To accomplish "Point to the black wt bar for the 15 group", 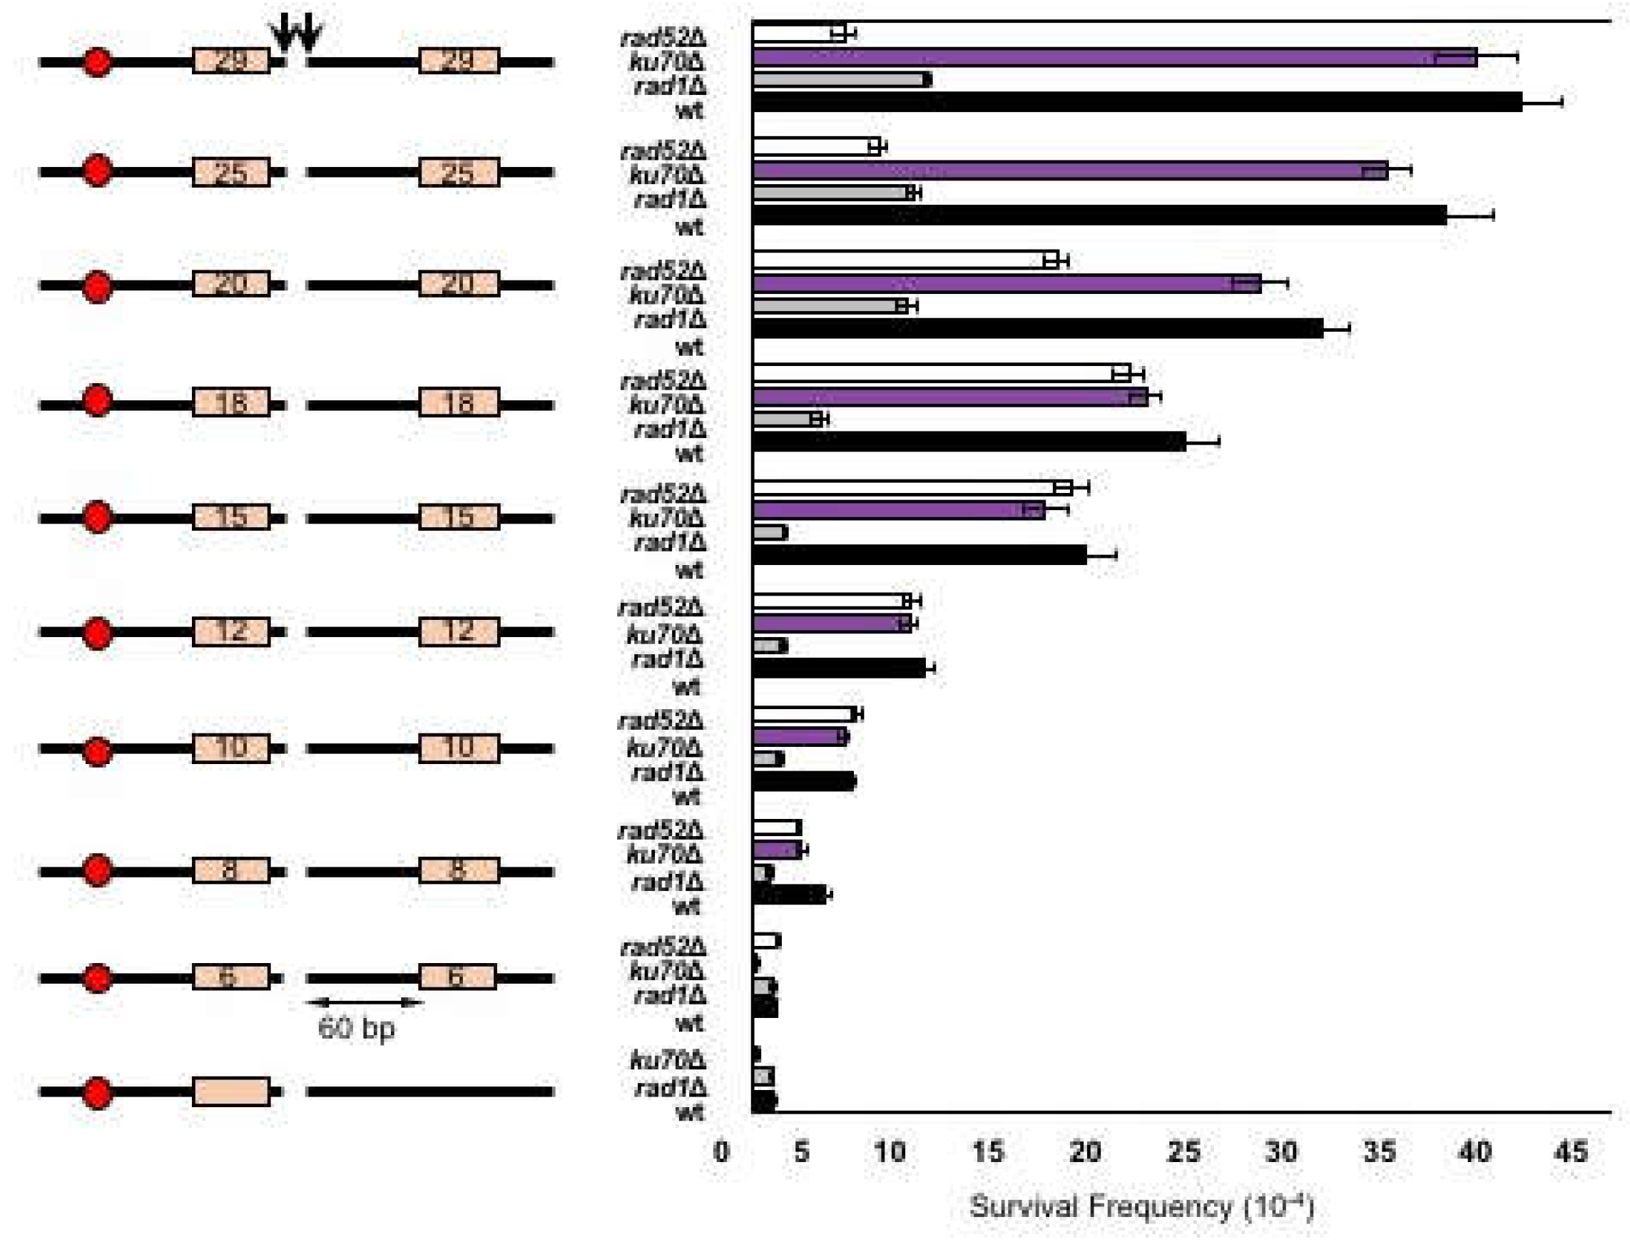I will tap(919, 554).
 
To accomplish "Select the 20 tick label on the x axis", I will tap(1084, 1152).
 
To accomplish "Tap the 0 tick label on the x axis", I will tap(721, 1152).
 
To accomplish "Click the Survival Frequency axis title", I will tap(1141, 1206).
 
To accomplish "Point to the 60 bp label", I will tap(356, 1029).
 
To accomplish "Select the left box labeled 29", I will tap(230, 60).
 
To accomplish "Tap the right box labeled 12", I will tap(458, 632).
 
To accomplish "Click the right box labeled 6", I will tap(457, 977).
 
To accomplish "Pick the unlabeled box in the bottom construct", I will tap(230, 1091).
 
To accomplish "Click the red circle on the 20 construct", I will tap(98, 287).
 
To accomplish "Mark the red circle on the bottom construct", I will tap(98, 1094).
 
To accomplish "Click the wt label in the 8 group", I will tap(686, 907).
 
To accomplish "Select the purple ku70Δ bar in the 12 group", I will tap(831, 623).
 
